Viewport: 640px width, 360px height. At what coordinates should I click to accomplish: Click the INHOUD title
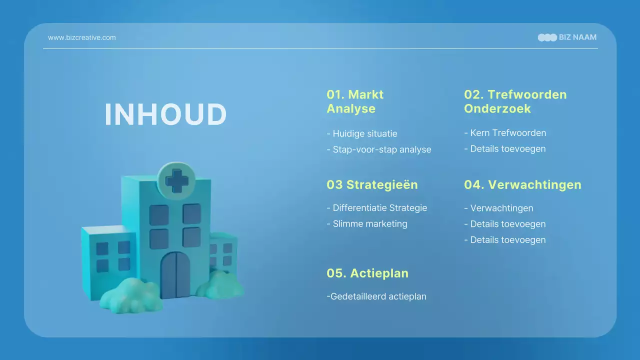[x=165, y=115]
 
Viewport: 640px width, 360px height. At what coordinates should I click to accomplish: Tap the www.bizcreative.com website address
[x=82, y=37]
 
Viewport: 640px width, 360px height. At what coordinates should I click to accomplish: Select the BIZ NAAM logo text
[x=577, y=37]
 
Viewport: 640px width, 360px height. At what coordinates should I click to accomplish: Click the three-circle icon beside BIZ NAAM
[x=547, y=37]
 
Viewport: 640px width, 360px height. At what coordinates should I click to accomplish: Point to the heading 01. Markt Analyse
[x=355, y=101]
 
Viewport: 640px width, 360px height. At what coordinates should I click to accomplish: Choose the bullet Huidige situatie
[x=362, y=133]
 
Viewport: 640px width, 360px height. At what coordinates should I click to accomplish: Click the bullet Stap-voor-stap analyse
[x=379, y=149]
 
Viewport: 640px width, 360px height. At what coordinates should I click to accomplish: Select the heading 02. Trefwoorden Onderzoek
[x=515, y=101]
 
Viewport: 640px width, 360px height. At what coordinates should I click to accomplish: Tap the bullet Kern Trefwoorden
[x=505, y=133]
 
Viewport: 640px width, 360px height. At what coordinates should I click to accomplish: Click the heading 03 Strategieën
[x=372, y=184]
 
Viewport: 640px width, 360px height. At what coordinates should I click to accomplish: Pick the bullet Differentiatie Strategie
[x=377, y=208]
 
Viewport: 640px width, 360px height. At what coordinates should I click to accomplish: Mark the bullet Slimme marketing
[x=367, y=224]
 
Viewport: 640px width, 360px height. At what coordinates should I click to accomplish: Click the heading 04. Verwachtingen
[x=522, y=184]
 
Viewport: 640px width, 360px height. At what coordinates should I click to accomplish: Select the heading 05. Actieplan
[x=367, y=273]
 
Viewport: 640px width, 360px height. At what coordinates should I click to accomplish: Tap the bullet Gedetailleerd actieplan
[x=376, y=296]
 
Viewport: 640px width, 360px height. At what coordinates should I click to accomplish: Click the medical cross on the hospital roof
[x=176, y=180]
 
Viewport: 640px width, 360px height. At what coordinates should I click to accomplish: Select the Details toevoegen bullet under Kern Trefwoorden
[x=505, y=149]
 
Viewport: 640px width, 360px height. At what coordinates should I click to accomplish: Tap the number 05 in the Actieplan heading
[x=335, y=273]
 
